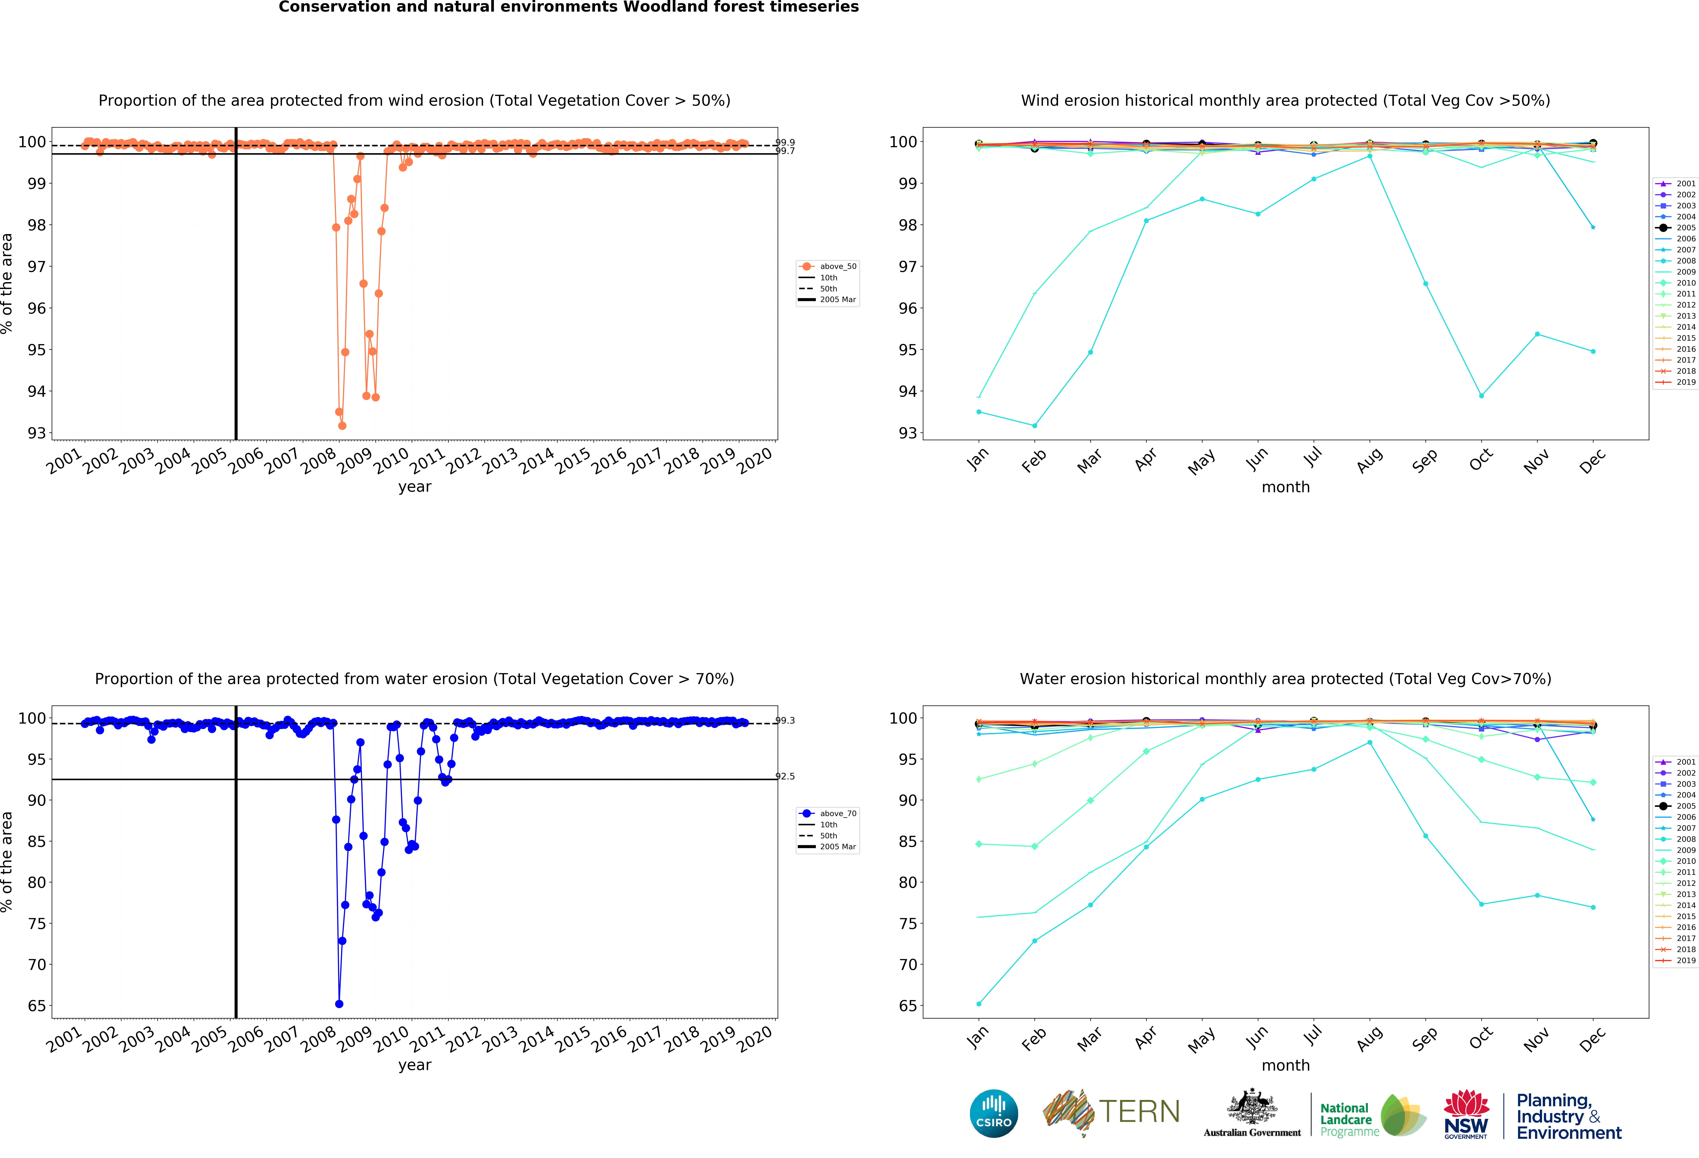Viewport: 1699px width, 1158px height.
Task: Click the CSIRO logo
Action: pyautogui.click(x=994, y=1113)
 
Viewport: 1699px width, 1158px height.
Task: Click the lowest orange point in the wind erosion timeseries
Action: pyautogui.click(x=342, y=426)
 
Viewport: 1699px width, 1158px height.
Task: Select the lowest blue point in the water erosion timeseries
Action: pyautogui.click(x=339, y=1004)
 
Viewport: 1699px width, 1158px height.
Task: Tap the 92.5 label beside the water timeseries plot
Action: pyautogui.click(x=785, y=776)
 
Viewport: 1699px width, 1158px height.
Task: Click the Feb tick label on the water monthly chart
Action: pyautogui.click(x=1034, y=1039)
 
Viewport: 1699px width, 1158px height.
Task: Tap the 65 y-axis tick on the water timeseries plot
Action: pyautogui.click(x=37, y=1006)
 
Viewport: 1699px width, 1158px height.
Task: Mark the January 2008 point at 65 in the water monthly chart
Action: pyautogui.click(x=979, y=1004)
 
